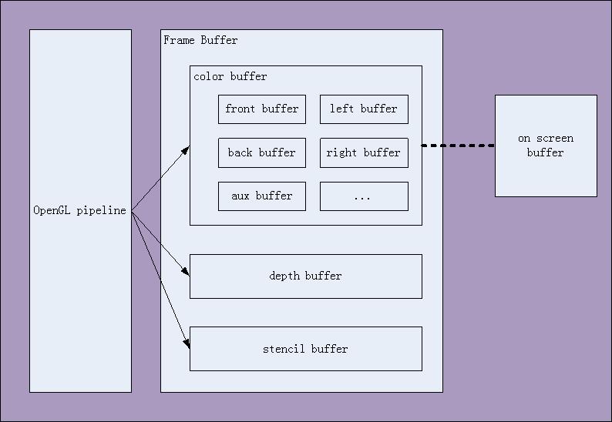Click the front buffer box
click(262, 109)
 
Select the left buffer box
click(364, 109)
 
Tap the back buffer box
click(262, 153)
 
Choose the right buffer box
click(364, 153)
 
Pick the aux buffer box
click(262, 196)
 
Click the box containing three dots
click(364, 196)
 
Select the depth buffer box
click(306, 276)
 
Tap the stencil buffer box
click(306, 349)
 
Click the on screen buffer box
click(546, 146)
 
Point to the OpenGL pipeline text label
click(80, 211)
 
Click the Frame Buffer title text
click(201, 40)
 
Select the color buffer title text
click(230, 76)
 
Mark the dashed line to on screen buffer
click(458, 145)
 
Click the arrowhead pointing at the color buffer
click(186, 149)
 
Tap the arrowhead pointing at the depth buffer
click(186, 272)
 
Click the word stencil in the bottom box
click(284, 349)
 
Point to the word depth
click(284, 276)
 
